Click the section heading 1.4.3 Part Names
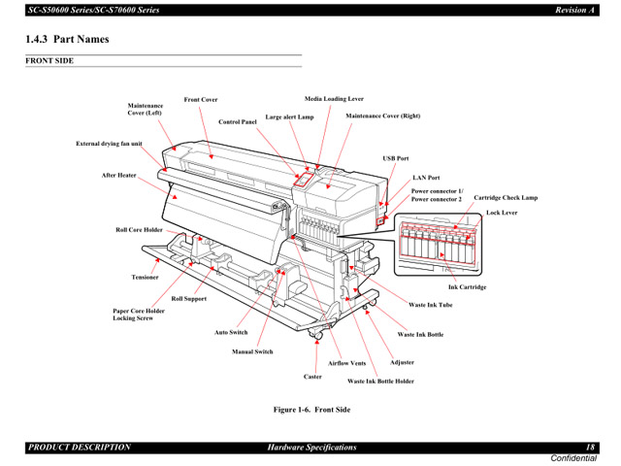coord(67,40)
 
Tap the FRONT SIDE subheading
coord(49,61)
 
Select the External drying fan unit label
coord(109,144)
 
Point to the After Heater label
coord(118,176)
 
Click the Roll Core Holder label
coord(139,230)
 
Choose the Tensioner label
coord(145,278)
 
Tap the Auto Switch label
coord(231,333)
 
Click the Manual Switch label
coord(252,351)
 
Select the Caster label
coord(312,377)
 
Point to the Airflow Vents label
coord(346,363)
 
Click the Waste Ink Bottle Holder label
coord(380,382)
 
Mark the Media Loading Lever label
coord(334,99)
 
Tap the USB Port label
coord(395,157)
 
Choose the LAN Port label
coord(426,178)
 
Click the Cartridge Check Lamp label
coord(505,198)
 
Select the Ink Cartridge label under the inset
coord(467,287)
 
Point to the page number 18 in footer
coord(590,447)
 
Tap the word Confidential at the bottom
coord(574,457)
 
